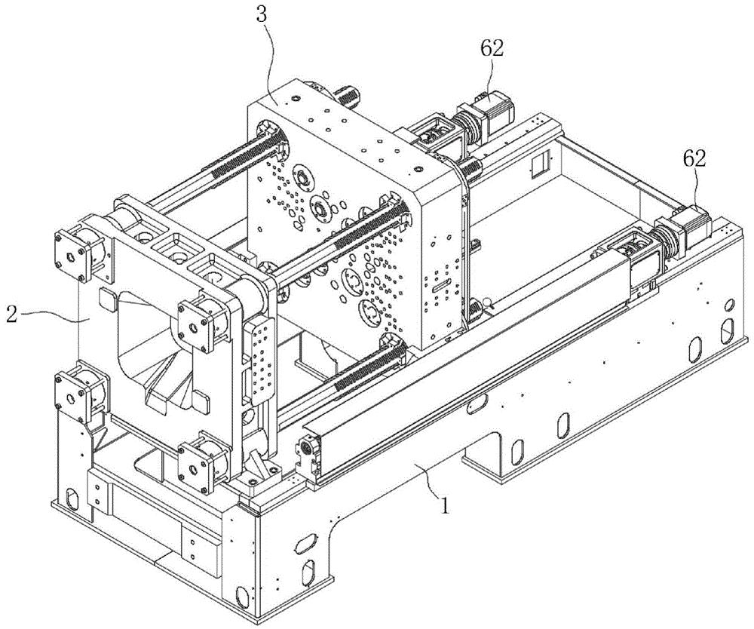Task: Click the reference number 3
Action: tap(262, 16)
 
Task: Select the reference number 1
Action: tap(446, 505)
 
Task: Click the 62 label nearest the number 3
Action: tap(491, 49)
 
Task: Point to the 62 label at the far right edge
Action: tap(694, 158)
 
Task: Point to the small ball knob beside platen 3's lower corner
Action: tap(490, 303)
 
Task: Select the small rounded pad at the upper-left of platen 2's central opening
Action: tap(107, 299)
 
